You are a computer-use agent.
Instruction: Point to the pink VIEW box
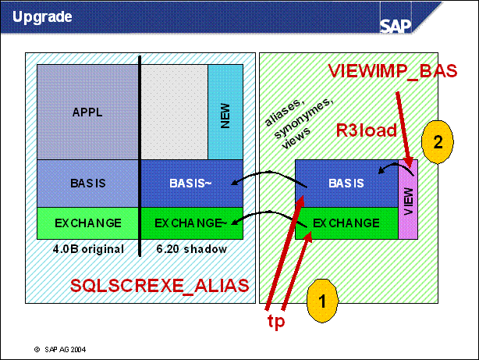point(408,199)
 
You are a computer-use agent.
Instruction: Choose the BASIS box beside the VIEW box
point(346,184)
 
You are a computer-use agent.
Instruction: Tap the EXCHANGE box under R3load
point(346,223)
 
